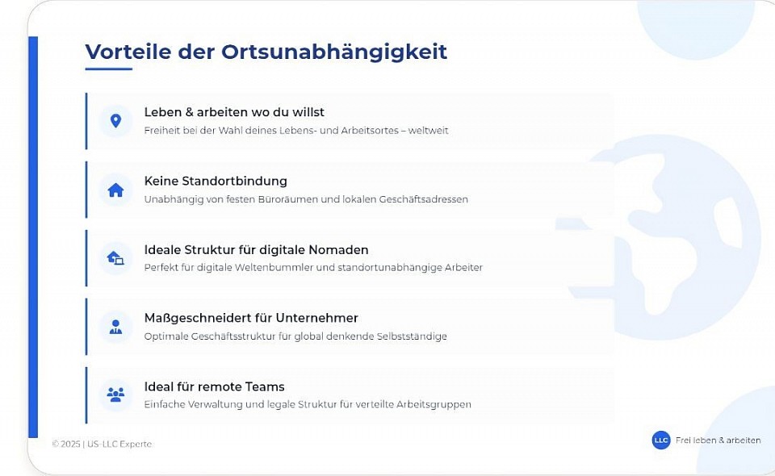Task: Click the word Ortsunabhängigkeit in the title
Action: pyautogui.click(x=334, y=52)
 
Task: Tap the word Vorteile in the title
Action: pyautogui.click(x=128, y=52)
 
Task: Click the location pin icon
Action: pyautogui.click(x=115, y=121)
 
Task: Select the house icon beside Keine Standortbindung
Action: pyautogui.click(x=115, y=190)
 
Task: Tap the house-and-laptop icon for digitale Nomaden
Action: pyautogui.click(x=115, y=257)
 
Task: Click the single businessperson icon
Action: pyautogui.click(x=115, y=327)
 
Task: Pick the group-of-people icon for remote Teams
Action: pyautogui.click(x=115, y=395)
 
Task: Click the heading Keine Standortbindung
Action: pyautogui.click(x=216, y=182)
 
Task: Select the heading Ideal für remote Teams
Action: pyautogui.click(x=215, y=386)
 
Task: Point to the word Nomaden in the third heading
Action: pyautogui.click(x=338, y=250)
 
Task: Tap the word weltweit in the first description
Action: pyautogui.click(x=428, y=131)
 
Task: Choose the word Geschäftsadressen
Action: pyautogui.click(x=423, y=199)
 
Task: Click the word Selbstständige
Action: pyautogui.click(x=412, y=336)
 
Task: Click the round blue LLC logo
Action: pyautogui.click(x=661, y=441)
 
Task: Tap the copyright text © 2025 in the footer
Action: pyautogui.click(x=65, y=444)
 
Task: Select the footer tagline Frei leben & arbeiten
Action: pyautogui.click(x=718, y=441)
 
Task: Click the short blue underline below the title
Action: pyautogui.click(x=109, y=69)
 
